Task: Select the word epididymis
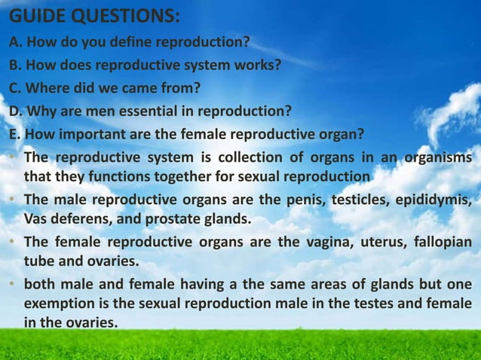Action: pyautogui.click(x=440, y=201)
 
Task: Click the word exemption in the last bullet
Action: pyautogui.click(x=54, y=304)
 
